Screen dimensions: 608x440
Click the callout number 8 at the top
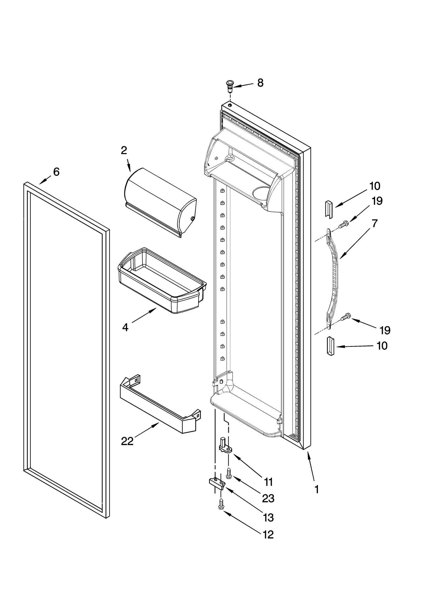[260, 83]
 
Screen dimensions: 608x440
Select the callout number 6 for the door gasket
[56, 172]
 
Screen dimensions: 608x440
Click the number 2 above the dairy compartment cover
[124, 150]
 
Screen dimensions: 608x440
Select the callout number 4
[125, 328]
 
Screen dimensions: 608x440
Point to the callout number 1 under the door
[317, 489]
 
